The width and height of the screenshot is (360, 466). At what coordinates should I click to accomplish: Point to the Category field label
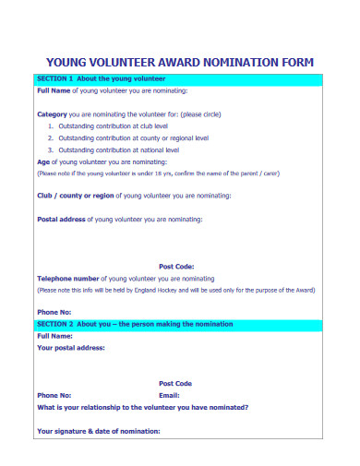pyautogui.click(x=52, y=114)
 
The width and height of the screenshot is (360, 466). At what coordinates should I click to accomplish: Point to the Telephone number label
pyautogui.click(x=67, y=277)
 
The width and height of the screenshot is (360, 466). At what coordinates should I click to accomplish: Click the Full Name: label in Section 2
pyautogui.click(x=54, y=336)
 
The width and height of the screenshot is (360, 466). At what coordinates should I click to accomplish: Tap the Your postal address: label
pyautogui.click(x=70, y=348)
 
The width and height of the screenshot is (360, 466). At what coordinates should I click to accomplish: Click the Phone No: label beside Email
pyautogui.click(x=54, y=394)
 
